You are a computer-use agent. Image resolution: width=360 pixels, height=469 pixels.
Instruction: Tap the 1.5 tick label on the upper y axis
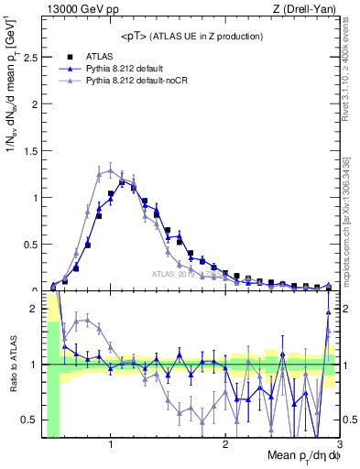click(x=30, y=150)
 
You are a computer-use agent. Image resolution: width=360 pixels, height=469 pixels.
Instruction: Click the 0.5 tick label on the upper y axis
click(x=30, y=244)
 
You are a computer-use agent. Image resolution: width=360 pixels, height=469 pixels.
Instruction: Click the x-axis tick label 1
click(x=111, y=445)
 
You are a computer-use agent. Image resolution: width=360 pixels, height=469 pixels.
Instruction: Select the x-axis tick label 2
click(x=225, y=445)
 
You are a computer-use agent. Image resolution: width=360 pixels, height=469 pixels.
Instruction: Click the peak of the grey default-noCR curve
click(x=111, y=169)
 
